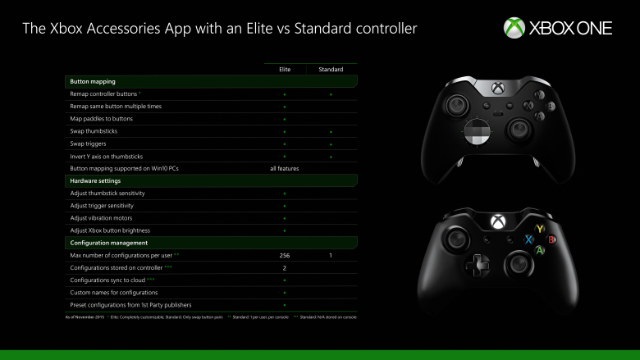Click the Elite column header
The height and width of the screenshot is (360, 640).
point(285,70)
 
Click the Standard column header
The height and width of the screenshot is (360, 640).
point(331,70)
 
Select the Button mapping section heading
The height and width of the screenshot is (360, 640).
point(93,82)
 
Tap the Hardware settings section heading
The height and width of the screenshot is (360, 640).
point(96,180)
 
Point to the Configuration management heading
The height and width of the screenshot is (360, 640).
point(109,243)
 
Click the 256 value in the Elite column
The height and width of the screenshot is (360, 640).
point(285,255)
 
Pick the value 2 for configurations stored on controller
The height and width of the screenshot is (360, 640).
point(284,267)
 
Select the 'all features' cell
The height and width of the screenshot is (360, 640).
point(284,168)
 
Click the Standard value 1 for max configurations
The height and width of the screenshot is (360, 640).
point(331,255)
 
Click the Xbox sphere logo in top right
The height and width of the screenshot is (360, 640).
point(514,29)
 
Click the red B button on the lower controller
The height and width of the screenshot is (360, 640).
point(552,239)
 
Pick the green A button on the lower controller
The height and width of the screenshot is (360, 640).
point(540,251)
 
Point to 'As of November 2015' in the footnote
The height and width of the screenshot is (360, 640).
point(83,316)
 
